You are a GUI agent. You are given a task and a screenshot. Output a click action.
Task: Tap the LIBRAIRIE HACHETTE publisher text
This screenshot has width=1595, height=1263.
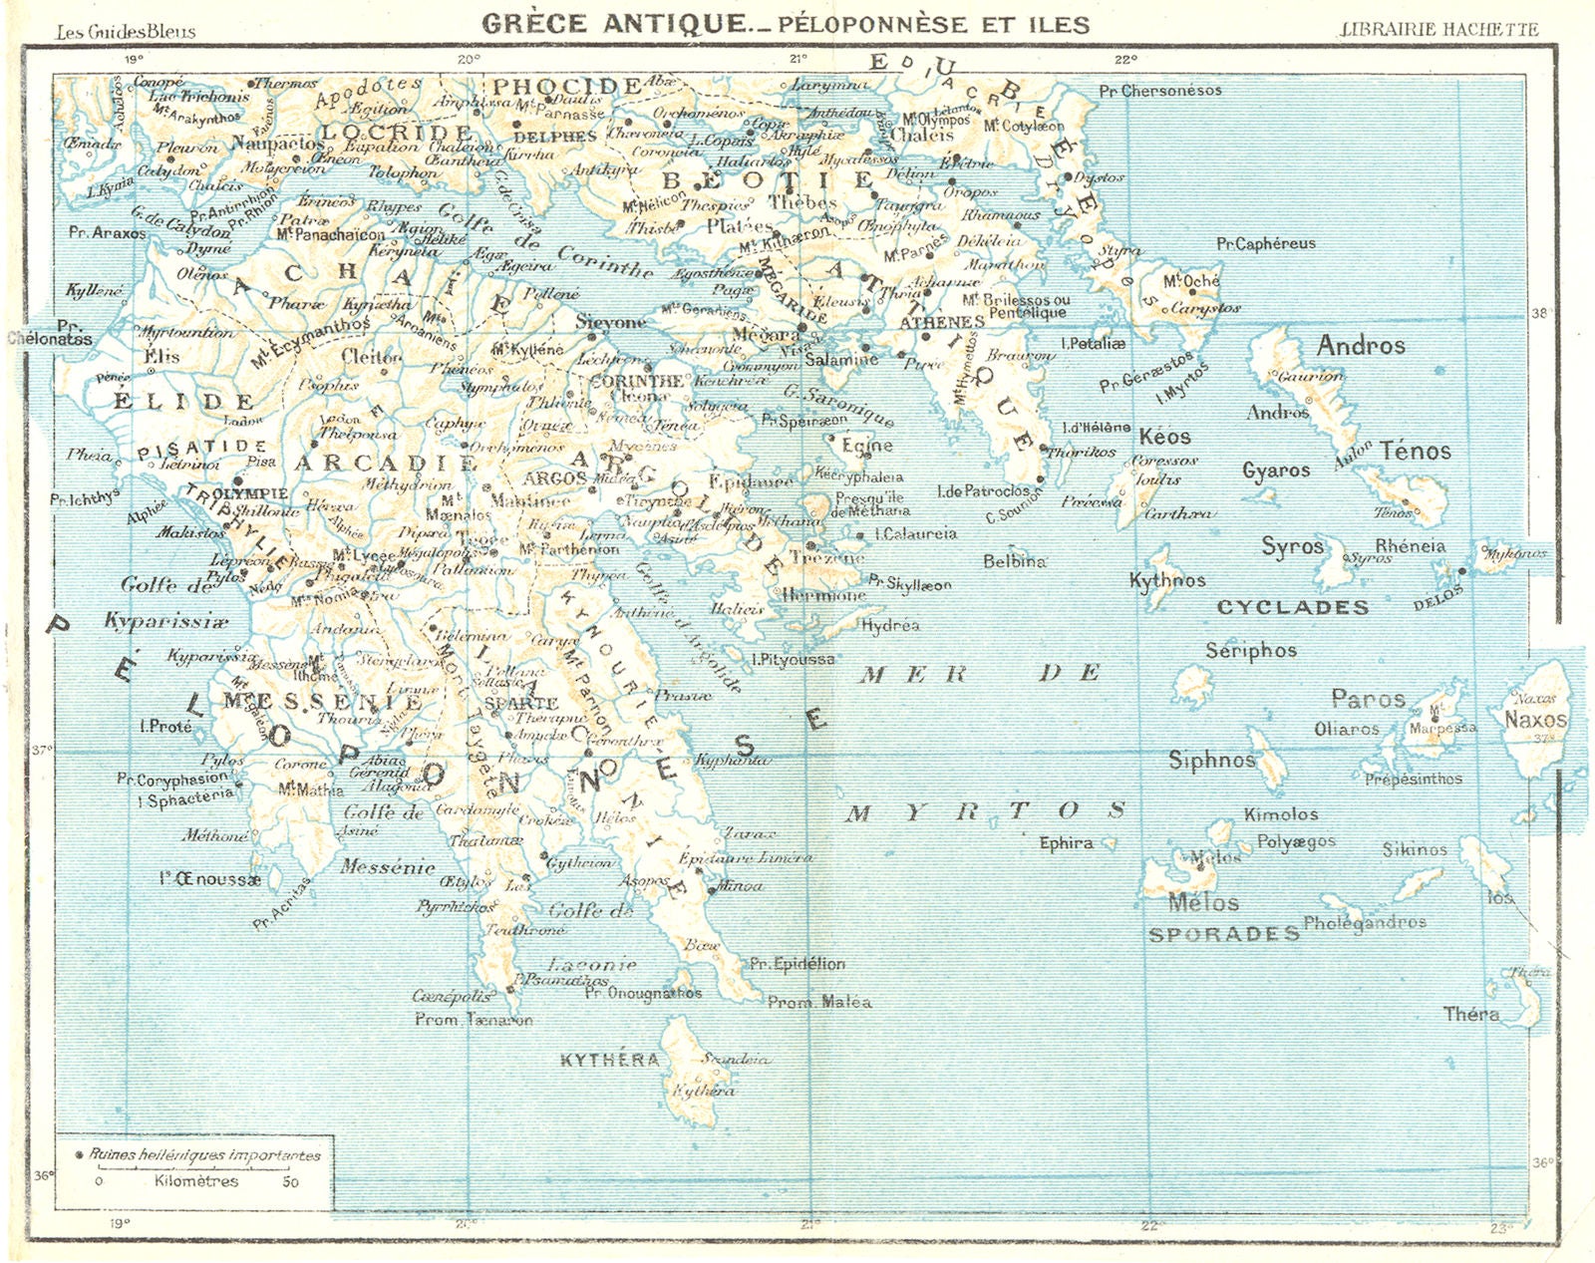click(x=1439, y=29)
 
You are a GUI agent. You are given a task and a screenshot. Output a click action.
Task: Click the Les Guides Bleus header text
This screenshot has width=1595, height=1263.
click(x=126, y=31)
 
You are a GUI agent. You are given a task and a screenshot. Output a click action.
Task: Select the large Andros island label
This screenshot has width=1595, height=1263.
click(x=1361, y=346)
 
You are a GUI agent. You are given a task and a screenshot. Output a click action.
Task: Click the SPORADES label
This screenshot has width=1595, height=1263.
click(x=1224, y=934)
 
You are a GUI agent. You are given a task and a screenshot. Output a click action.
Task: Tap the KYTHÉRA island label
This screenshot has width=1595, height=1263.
click(x=609, y=1060)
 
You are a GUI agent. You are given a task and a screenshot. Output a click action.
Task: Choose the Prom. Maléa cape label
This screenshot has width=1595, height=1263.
click(x=819, y=1002)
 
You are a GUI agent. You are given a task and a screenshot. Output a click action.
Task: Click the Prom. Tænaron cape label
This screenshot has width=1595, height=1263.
click(x=474, y=1020)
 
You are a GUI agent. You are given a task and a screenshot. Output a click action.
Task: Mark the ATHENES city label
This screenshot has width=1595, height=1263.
click(x=942, y=322)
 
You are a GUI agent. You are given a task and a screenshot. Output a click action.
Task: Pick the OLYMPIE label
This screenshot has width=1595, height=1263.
click(x=250, y=493)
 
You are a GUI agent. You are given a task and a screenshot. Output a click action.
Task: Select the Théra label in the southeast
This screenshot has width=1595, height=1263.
click(x=1471, y=1014)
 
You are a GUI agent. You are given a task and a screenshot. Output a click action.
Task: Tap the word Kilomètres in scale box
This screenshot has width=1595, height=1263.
click(x=196, y=1181)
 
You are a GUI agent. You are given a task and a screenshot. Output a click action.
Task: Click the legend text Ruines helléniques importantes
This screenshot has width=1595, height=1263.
click(x=205, y=1155)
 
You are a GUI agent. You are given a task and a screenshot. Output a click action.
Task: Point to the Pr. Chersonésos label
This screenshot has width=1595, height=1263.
click(x=1160, y=91)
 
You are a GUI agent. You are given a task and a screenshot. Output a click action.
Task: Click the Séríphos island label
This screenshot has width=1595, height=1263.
click(x=1251, y=651)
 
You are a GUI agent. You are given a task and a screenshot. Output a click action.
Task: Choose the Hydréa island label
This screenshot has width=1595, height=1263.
click(x=889, y=626)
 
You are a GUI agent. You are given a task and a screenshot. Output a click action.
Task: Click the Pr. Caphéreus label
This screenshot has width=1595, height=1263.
click(x=1266, y=243)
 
